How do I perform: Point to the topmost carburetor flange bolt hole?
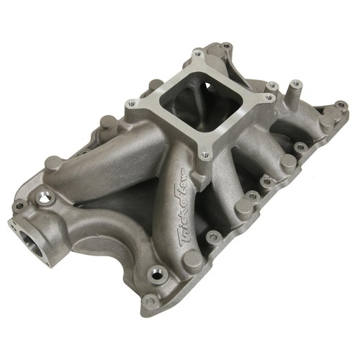point(197,54)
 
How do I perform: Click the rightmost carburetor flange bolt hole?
point(271,88)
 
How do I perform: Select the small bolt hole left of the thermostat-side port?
point(19,205)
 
